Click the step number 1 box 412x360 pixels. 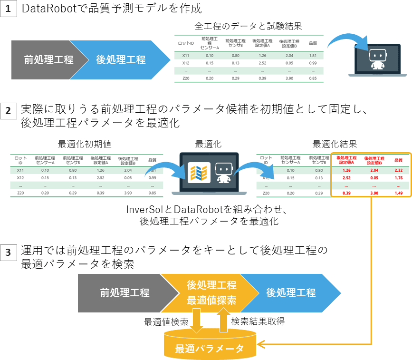pos(9,10)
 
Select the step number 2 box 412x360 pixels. pos(9,111)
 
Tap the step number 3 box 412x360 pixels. pos(9,253)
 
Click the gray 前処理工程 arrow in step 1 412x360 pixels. pos(48,60)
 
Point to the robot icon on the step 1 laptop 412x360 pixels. pos(377,58)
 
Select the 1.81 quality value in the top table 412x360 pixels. pos(313,56)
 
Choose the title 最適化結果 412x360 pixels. pos(335,143)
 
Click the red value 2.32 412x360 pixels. pos(399,170)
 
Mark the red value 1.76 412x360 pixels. pos(399,178)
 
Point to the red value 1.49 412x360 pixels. pos(399,194)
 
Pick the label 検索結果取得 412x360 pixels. pos(258,321)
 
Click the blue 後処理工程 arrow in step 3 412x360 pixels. pos(290,292)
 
